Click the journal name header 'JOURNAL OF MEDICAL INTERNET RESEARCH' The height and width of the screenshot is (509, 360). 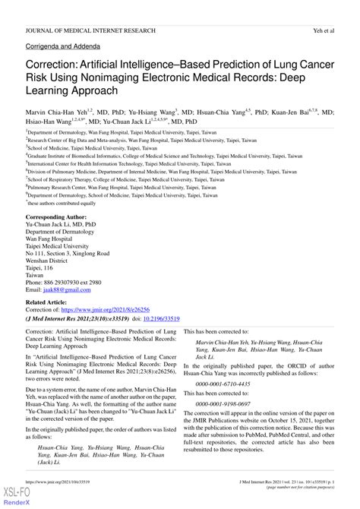90,30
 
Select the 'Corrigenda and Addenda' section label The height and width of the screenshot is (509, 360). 58,47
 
